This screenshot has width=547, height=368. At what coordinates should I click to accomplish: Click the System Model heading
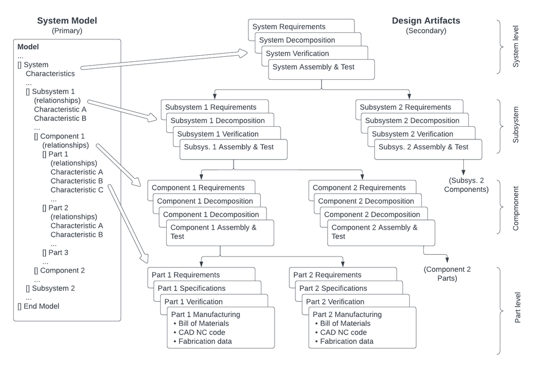(67, 21)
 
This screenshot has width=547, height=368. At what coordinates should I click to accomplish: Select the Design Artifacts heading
(426, 21)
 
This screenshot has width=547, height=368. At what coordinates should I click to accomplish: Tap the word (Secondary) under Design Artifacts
(426, 31)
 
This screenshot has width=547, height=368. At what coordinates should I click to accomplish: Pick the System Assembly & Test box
(313, 67)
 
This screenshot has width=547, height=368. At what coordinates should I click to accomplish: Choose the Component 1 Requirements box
(194, 188)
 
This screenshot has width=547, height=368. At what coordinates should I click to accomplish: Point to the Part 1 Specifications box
(191, 288)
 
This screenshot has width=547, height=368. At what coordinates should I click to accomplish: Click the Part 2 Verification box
(335, 302)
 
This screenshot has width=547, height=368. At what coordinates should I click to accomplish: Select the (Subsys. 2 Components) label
(465, 185)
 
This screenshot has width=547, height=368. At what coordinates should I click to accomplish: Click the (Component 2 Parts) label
(447, 273)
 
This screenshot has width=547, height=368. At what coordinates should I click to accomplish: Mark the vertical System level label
(515, 47)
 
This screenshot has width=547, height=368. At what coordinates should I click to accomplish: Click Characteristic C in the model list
(77, 190)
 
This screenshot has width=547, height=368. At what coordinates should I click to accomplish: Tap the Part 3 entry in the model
(55, 253)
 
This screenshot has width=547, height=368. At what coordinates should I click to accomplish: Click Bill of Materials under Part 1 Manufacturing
(203, 323)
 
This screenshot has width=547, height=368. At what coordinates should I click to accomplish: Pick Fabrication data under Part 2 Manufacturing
(347, 341)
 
